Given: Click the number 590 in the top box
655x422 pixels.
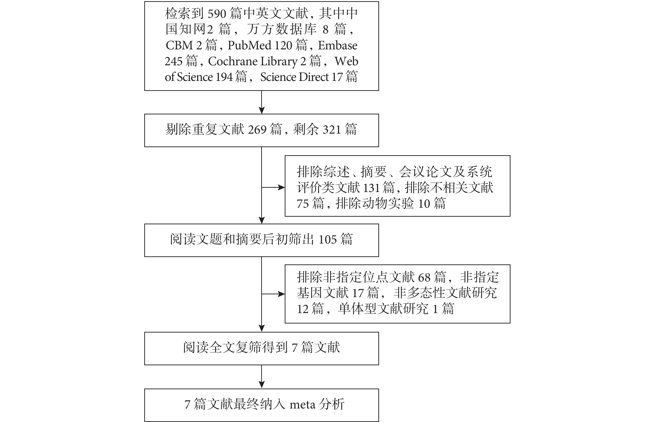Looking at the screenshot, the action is click(x=217, y=14).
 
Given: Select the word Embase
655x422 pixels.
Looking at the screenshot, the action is click(x=337, y=45).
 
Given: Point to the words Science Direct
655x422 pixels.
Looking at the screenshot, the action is click(x=294, y=77).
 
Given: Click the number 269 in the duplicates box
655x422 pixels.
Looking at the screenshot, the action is click(x=257, y=130).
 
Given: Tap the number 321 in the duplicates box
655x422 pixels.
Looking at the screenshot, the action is click(x=332, y=130).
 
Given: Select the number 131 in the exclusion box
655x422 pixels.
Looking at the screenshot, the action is click(x=371, y=188).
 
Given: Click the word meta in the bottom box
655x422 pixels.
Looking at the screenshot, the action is click(x=302, y=404).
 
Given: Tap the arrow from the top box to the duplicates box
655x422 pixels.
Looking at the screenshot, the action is click(x=262, y=102).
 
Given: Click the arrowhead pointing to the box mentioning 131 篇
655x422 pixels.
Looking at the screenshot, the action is click(x=282, y=188).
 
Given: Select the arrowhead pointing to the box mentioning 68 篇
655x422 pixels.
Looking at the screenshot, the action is click(x=282, y=294).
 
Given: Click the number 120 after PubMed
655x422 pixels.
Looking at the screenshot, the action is click(x=283, y=45).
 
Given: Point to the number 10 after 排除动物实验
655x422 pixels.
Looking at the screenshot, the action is click(x=424, y=204).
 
